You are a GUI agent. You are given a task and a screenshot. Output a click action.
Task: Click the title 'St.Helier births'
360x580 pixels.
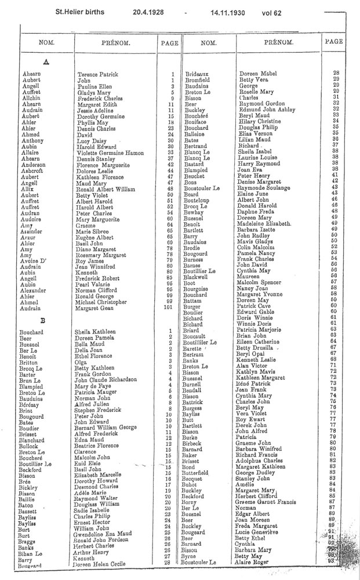[x=84, y=10]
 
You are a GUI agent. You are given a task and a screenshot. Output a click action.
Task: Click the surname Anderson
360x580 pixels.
[x=35, y=165]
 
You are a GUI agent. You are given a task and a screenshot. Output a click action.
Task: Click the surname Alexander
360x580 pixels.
[x=35, y=289]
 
